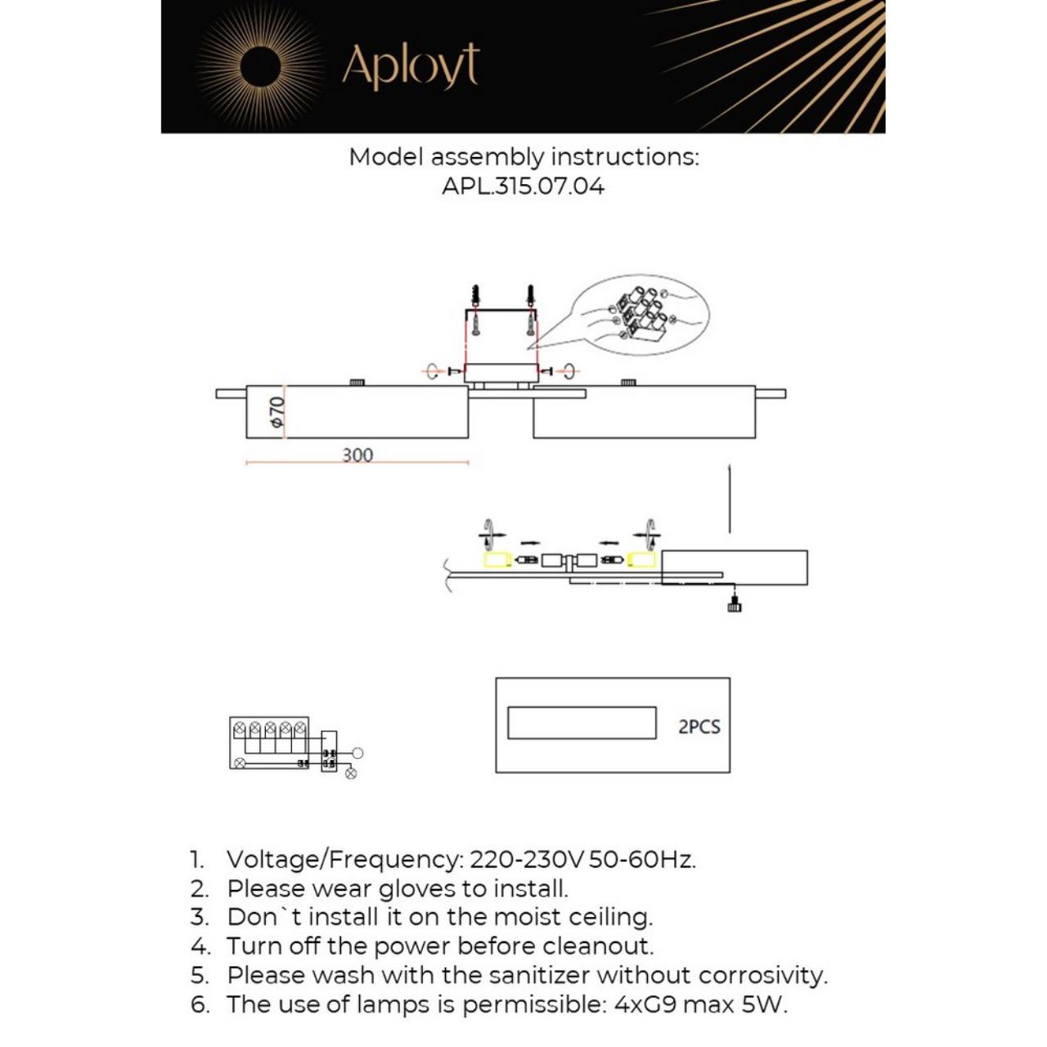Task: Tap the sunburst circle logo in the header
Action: point(261,65)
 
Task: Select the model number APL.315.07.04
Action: point(523,186)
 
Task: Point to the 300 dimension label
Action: point(357,455)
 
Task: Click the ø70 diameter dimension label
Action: point(277,411)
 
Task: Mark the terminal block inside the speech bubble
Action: point(641,315)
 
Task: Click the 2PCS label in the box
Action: point(699,726)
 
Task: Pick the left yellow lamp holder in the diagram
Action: point(497,560)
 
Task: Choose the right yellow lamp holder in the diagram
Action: point(641,560)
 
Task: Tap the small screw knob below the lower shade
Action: point(734,605)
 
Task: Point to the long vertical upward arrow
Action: point(730,499)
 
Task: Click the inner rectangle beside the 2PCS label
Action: point(582,723)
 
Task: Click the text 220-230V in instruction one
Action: point(527,860)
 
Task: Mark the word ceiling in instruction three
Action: point(609,918)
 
